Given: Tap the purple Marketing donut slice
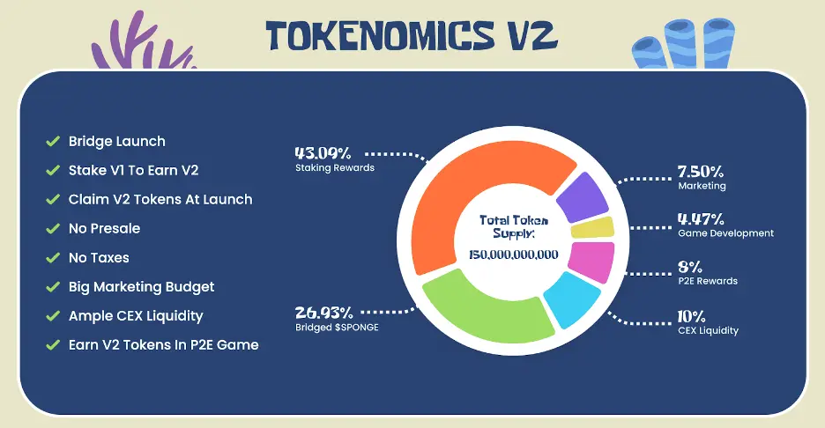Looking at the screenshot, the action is [x=583, y=197].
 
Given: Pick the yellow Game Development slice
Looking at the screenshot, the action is [x=592, y=228].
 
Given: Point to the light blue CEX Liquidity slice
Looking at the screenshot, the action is [x=571, y=299].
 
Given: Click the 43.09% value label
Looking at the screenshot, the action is [x=323, y=153].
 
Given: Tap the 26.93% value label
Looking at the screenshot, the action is [x=323, y=313].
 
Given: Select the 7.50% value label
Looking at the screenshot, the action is [x=701, y=172].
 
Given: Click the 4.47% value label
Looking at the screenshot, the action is [x=701, y=218].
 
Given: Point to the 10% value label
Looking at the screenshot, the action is [x=691, y=316].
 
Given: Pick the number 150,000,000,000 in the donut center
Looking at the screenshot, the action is [x=514, y=255].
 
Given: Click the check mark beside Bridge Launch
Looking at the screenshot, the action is [x=53, y=141].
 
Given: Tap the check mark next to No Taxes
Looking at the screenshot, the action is [x=53, y=258].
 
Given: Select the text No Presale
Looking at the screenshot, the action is [x=104, y=229].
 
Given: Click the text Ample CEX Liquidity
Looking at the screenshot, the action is [x=136, y=316].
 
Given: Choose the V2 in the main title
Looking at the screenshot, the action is [x=532, y=36].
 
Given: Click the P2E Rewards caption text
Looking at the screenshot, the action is [x=708, y=281].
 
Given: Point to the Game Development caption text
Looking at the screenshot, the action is [x=725, y=233].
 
